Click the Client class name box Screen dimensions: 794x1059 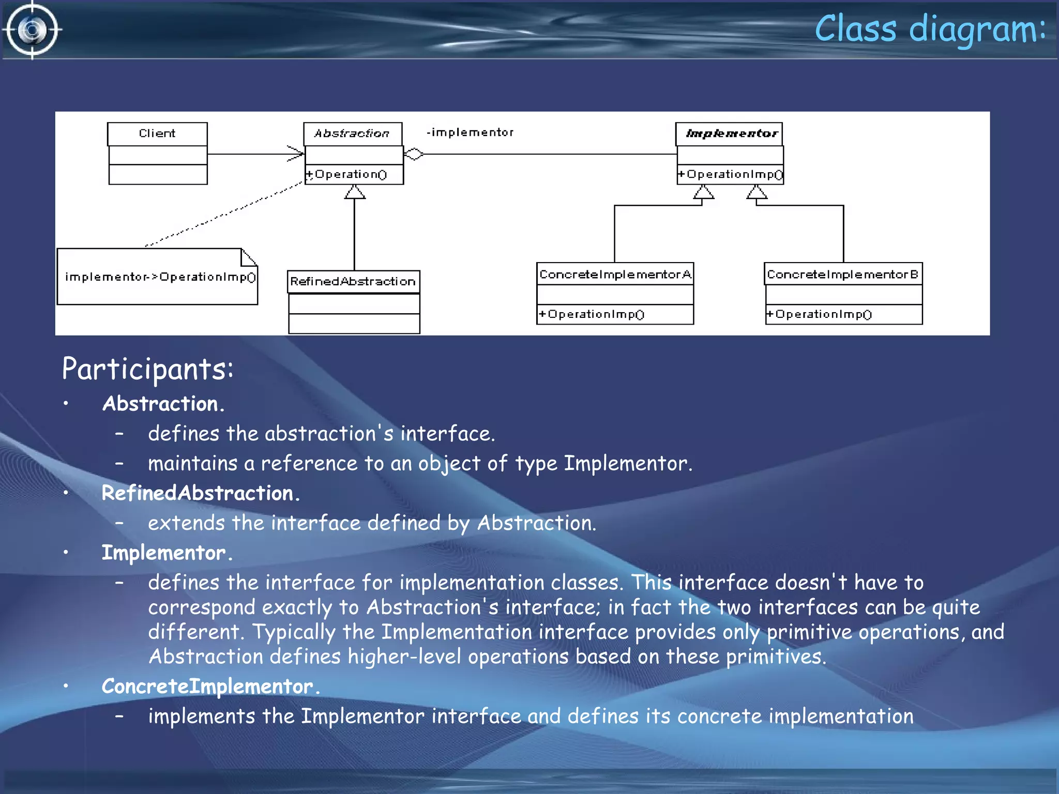pyautogui.click(x=157, y=133)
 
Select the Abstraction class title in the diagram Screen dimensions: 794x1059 pyautogui.click(x=352, y=133)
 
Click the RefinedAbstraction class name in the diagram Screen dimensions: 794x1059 pyautogui.click(x=353, y=281)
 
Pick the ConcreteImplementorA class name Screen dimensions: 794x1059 pyautogui.click(x=615, y=274)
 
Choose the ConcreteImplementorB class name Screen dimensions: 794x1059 pyautogui.click(x=843, y=274)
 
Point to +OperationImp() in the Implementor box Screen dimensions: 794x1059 pyautogui.click(x=731, y=174)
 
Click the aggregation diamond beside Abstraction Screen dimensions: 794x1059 pyautogui.click(x=414, y=154)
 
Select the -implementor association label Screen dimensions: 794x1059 pyautogui.click(x=470, y=132)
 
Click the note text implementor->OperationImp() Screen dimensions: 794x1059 pyautogui.click(x=160, y=277)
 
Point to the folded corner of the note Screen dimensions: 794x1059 pyautogui.click(x=248, y=256)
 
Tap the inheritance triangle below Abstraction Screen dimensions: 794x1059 pyautogui.click(x=355, y=192)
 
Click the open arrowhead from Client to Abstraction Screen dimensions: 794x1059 pyautogui.click(x=296, y=154)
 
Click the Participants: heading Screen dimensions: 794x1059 pyautogui.click(x=148, y=369)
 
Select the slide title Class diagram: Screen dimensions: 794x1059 pyautogui.click(x=930, y=29)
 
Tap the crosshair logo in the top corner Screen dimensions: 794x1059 pyautogui.click(x=32, y=30)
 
